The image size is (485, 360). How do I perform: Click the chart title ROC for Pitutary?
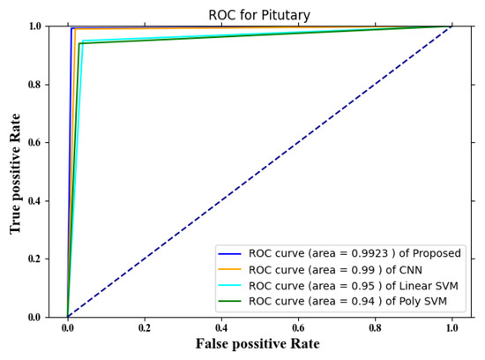(x=259, y=14)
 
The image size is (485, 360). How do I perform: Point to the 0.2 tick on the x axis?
(x=145, y=326)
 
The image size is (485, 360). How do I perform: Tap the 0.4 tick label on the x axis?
(x=221, y=326)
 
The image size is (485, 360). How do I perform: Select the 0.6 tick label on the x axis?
(x=298, y=326)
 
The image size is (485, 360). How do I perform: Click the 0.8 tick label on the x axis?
(x=375, y=326)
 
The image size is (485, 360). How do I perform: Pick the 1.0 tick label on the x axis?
(x=451, y=326)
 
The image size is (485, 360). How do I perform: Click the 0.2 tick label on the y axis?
(x=44, y=259)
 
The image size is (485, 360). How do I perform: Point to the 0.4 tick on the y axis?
(x=44, y=201)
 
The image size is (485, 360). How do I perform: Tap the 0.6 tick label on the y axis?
(x=44, y=143)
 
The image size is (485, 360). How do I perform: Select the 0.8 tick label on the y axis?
(x=44, y=85)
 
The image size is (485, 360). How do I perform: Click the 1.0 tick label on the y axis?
(x=44, y=26)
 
